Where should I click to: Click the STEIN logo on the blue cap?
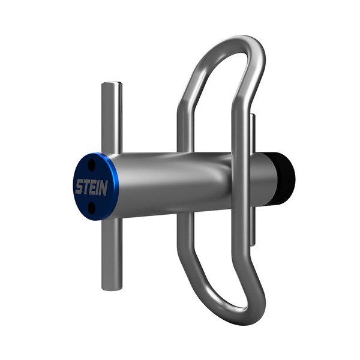click(91, 187)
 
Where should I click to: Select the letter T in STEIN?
click(86, 187)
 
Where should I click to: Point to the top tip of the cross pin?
click(111, 85)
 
